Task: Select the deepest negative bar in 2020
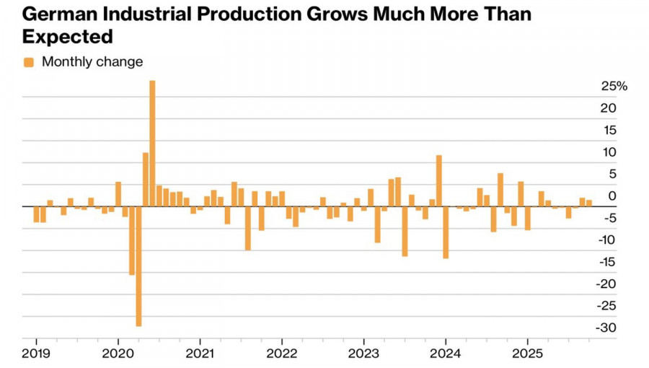pos(138,266)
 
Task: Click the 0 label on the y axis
pos(612,196)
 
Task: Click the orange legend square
pos(29,62)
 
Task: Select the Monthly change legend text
pos(92,62)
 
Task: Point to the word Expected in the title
pos(69,36)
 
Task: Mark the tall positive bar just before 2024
pos(438,180)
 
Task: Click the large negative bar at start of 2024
pos(446,232)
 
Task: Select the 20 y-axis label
pos(610,108)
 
